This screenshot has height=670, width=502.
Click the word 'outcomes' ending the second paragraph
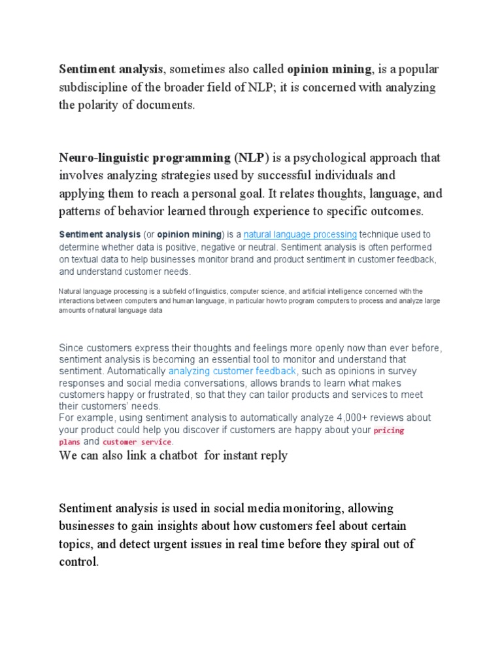click(397, 211)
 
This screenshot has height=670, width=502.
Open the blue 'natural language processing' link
click(300, 234)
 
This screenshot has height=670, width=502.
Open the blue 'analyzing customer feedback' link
click(232, 371)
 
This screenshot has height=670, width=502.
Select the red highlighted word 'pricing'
click(388, 431)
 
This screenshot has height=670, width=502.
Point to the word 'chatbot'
click(175, 455)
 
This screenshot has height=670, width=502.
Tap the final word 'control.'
click(78, 562)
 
